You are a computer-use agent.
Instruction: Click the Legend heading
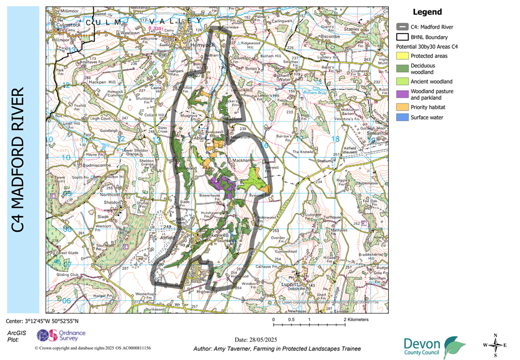pyautogui.click(x=427, y=12)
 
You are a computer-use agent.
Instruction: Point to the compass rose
pyautogui.click(x=495, y=345)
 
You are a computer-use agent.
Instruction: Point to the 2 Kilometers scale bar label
pyautogui.click(x=357, y=320)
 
